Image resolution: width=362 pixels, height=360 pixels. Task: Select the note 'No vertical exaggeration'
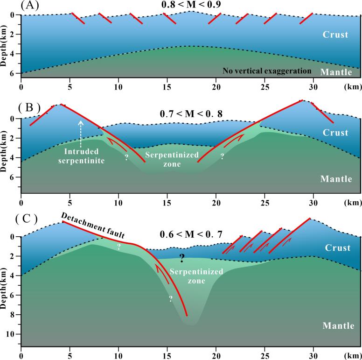[266, 71]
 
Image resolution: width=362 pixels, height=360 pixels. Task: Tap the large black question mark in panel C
[182, 259]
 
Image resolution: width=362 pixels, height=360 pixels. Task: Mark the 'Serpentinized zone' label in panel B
[166, 159]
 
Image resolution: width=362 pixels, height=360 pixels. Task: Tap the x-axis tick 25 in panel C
[264, 355]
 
